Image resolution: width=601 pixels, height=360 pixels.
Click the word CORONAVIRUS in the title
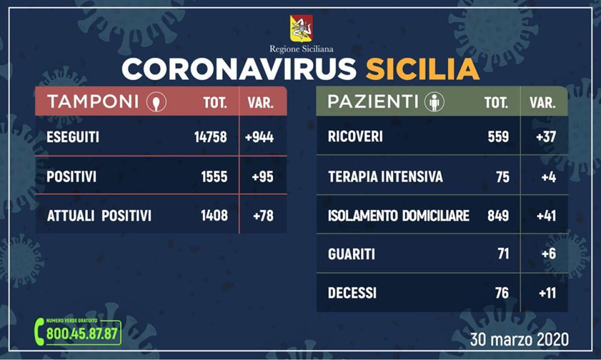pyautogui.click(x=239, y=70)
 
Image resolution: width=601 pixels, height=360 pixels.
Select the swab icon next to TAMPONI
pyautogui.click(x=156, y=102)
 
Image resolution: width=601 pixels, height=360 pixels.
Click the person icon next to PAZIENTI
pyautogui.click(x=434, y=102)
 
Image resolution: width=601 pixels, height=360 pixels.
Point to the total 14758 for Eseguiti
pyautogui.click(x=211, y=137)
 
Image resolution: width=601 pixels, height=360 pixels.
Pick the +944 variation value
pyautogui.click(x=259, y=137)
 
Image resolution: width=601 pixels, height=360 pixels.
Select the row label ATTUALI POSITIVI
pyautogui.click(x=99, y=216)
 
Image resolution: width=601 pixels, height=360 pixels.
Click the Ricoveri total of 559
pyautogui.click(x=498, y=137)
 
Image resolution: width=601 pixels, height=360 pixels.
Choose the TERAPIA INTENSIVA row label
pyautogui.click(x=385, y=177)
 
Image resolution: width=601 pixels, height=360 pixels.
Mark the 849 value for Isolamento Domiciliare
pyautogui.click(x=498, y=216)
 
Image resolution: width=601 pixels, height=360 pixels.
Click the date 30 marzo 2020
pyautogui.click(x=519, y=339)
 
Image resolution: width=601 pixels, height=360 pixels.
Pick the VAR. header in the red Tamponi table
pyautogui.click(x=260, y=103)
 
